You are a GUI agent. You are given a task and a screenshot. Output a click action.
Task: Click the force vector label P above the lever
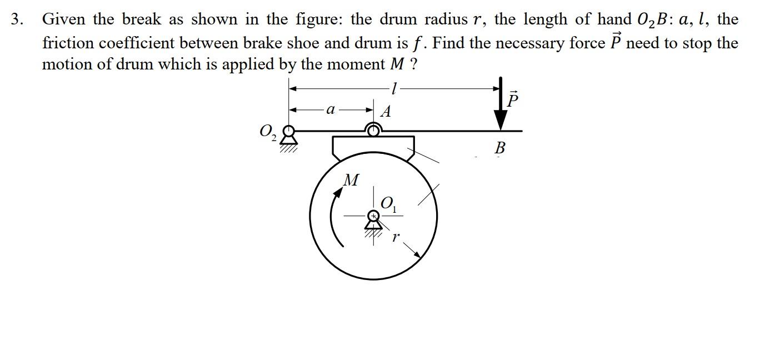point(513,100)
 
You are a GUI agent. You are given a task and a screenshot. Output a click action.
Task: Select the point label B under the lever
point(499,148)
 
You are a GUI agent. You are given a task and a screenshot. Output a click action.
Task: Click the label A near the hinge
point(386,112)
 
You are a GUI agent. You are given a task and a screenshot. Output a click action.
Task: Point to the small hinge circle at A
point(374,131)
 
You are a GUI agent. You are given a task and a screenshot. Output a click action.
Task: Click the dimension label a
point(330,109)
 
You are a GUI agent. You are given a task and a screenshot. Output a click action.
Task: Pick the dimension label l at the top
point(393,88)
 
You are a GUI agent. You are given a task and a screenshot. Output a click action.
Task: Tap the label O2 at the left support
point(267,132)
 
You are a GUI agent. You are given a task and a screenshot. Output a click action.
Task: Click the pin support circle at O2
point(288,132)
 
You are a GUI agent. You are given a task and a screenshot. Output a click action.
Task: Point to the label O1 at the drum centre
point(389,204)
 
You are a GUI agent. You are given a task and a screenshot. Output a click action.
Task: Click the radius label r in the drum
point(396,237)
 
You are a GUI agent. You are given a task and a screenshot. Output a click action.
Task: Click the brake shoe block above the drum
point(373,147)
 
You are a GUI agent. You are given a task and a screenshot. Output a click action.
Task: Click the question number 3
point(17,20)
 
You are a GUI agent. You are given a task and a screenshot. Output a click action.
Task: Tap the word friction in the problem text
point(66,43)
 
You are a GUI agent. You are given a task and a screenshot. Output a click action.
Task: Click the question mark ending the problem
point(413,64)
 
